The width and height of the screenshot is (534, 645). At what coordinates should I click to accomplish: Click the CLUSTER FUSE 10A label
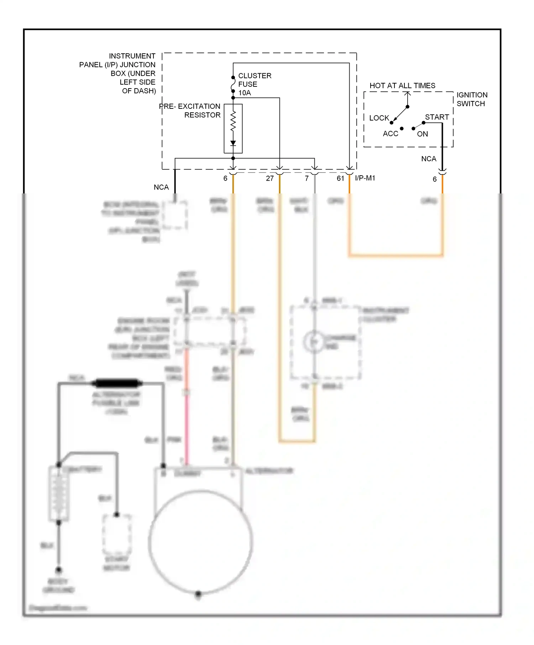coord(254,84)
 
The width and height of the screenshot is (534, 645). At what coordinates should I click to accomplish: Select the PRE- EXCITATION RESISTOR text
coord(190,111)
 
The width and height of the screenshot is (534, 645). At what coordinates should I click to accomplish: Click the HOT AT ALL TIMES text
coord(402,86)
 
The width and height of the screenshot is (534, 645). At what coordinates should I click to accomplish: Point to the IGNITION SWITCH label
coord(472,99)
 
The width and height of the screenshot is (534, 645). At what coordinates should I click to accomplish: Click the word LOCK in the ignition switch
coord(379,118)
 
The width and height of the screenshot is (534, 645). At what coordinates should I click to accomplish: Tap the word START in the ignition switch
coord(437,117)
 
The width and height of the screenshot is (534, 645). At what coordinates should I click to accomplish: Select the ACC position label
coord(390,134)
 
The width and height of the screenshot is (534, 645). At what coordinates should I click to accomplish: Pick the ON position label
coord(423,134)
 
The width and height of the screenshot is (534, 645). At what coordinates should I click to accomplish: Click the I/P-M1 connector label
coord(365,178)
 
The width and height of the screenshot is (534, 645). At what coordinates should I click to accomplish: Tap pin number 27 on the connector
coord(270,178)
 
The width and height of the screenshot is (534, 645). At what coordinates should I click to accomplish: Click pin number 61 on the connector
coord(340,178)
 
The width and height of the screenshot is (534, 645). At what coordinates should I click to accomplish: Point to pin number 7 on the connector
coord(307,178)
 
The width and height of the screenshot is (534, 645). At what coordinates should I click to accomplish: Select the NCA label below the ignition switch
coord(429,159)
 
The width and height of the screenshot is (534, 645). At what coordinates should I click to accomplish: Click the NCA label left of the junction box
coord(161,187)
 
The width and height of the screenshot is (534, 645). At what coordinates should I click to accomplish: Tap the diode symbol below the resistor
coord(233,143)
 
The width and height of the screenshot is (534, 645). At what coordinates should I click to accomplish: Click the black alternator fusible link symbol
coord(115,383)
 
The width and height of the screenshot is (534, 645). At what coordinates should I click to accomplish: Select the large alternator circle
coord(200,542)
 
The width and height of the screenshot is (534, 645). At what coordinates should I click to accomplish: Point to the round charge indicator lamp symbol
coord(314,342)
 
